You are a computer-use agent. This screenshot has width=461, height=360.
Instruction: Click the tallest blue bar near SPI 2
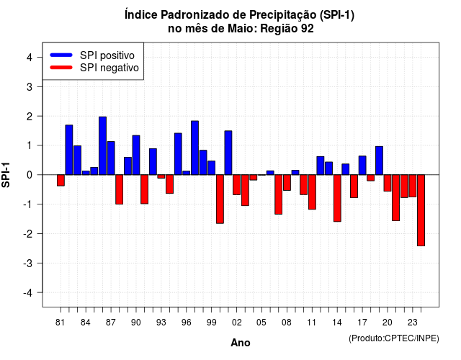click(x=102, y=145)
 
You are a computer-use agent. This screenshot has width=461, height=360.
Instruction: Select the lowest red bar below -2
click(x=421, y=210)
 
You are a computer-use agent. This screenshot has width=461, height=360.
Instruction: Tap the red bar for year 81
click(x=61, y=180)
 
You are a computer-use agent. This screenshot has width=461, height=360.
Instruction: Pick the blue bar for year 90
click(x=136, y=156)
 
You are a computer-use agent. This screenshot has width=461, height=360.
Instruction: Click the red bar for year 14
click(x=337, y=198)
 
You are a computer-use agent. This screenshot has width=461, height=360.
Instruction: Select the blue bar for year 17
click(x=362, y=166)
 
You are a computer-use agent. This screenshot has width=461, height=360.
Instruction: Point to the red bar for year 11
click(x=312, y=192)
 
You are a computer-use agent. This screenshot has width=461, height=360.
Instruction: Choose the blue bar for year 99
click(x=211, y=168)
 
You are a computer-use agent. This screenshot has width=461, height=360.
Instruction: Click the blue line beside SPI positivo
click(x=61, y=55)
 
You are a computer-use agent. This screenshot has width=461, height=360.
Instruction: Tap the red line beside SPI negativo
click(x=61, y=68)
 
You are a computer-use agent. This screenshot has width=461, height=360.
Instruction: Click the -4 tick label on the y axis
click(x=28, y=293)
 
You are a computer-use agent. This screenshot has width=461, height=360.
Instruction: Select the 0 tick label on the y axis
click(x=30, y=175)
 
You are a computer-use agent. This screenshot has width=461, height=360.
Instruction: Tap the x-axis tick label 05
click(x=261, y=323)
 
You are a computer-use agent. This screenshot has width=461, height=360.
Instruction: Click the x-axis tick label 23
click(x=413, y=323)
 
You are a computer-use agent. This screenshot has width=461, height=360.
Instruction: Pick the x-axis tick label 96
click(x=186, y=323)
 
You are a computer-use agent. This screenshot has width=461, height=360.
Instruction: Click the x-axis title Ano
click(x=241, y=343)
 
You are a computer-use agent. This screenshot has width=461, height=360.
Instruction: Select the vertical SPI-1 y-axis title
click(x=6, y=175)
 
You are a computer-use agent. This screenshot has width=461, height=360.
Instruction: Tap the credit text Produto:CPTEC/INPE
click(x=394, y=338)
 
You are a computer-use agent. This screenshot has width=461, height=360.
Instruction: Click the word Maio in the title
click(x=242, y=29)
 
